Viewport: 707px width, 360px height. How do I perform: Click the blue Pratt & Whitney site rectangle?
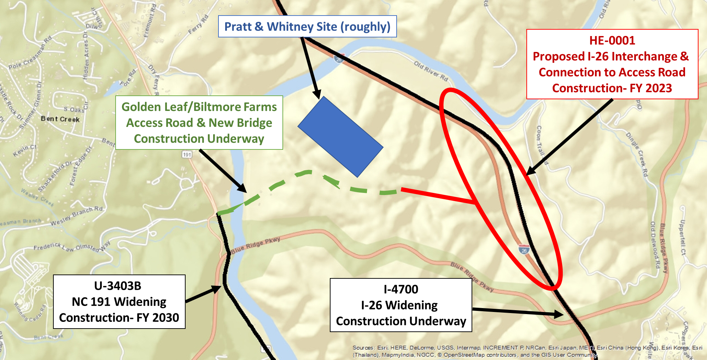[x=340, y=136]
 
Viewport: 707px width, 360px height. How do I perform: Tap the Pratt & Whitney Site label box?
[x=307, y=26]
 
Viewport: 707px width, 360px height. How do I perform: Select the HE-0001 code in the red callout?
[x=612, y=41]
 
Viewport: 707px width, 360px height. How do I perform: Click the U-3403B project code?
[x=118, y=286]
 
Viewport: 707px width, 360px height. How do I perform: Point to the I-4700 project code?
[x=401, y=289]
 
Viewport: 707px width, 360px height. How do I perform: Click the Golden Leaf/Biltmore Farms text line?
[x=199, y=107]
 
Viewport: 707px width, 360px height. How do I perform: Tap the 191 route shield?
[x=187, y=154]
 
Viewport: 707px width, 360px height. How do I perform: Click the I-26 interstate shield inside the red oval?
[x=524, y=249]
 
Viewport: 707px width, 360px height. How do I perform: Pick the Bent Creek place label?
[x=60, y=119]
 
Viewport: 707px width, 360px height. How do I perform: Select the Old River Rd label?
[x=431, y=71]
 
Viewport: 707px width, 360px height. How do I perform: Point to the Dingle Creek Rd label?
[x=637, y=154]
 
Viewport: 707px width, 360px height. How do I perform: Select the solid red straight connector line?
[x=438, y=196]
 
